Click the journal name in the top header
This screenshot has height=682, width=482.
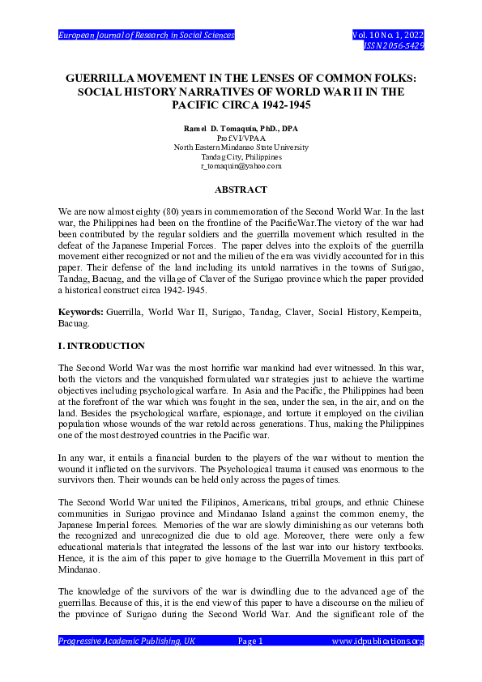click(146, 36)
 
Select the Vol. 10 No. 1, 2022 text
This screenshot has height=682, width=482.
click(388, 36)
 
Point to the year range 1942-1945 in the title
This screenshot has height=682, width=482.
click(281, 105)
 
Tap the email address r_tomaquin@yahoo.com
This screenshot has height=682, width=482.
click(241, 165)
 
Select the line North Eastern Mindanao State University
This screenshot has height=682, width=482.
click(241, 147)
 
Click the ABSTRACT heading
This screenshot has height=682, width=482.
click(241, 190)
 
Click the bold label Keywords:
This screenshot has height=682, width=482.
click(83, 311)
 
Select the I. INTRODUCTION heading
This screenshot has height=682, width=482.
click(102, 346)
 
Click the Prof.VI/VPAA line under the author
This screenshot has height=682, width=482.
click(241, 139)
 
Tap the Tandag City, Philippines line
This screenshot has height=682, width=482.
click(241, 156)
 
